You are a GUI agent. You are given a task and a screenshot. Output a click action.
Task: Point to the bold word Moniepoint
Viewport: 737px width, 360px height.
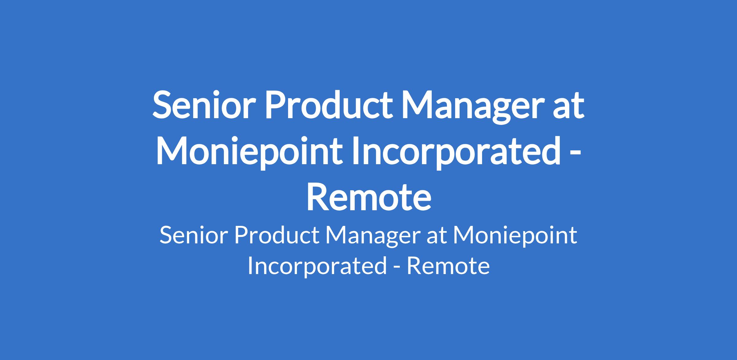(249, 152)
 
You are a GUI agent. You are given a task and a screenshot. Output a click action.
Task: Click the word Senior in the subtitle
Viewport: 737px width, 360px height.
(194, 236)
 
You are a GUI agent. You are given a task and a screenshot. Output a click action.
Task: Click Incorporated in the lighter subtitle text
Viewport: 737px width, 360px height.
(317, 266)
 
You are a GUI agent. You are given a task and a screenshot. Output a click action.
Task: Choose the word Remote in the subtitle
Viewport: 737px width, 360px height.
(448, 266)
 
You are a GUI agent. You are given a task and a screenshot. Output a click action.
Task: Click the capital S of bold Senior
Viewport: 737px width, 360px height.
(162, 105)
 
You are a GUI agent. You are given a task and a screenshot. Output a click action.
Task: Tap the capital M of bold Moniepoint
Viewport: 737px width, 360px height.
(173, 151)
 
